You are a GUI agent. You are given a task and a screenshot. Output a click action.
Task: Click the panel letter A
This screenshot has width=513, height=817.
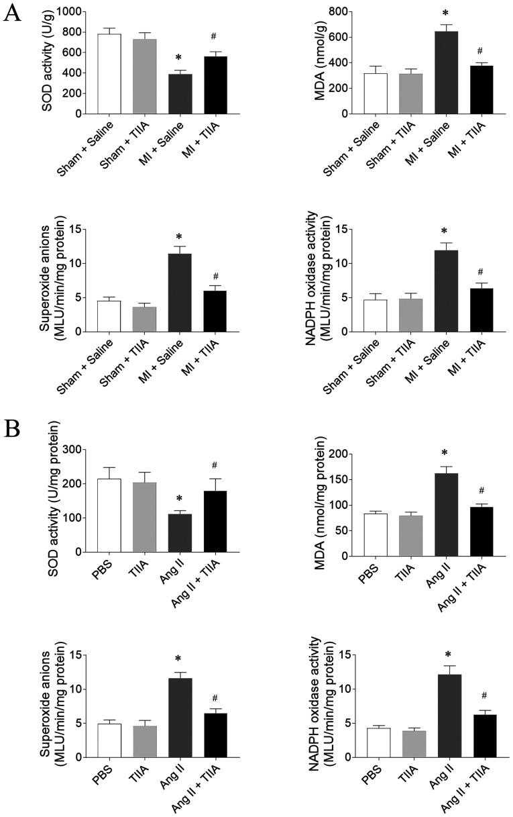11,13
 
